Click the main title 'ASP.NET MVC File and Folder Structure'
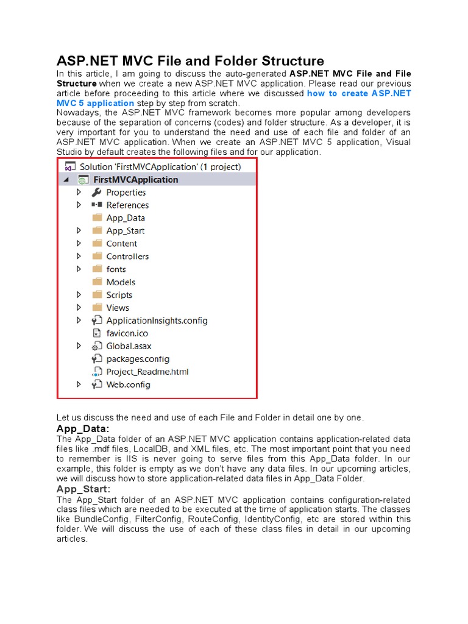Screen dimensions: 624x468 (x=190, y=61)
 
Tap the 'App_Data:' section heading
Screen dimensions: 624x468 (x=83, y=429)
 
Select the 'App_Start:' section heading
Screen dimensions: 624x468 (x=83, y=489)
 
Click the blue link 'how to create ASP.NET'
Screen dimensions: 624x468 (x=359, y=93)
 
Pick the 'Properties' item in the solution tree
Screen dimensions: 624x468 (x=126, y=193)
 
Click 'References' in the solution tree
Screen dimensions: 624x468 (x=127, y=205)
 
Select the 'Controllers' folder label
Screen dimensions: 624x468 (x=127, y=257)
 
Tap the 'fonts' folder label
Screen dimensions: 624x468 (x=116, y=269)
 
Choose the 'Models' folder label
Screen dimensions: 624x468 (x=121, y=282)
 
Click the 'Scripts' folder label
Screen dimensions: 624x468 (x=119, y=295)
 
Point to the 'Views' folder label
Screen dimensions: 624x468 (x=118, y=308)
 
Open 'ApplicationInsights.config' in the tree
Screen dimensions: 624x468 (x=157, y=321)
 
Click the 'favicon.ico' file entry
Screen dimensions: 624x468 (x=127, y=333)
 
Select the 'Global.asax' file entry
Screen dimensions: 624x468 (x=129, y=346)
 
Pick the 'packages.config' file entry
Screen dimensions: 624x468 (x=138, y=359)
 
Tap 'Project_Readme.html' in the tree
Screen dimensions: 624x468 (x=147, y=372)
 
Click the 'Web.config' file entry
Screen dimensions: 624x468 (x=128, y=385)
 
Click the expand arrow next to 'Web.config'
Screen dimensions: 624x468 (x=79, y=385)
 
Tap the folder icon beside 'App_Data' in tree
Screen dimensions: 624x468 (x=96, y=218)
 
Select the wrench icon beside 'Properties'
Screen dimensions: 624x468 (x=96, y=192)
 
